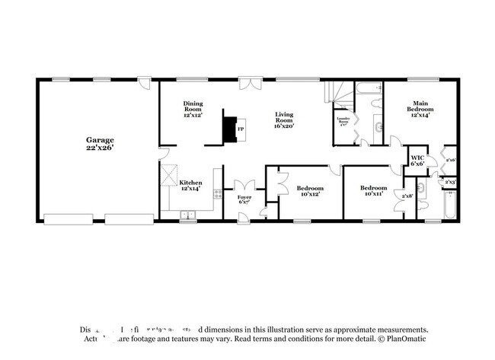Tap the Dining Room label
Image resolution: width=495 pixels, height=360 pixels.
tap(192, 108)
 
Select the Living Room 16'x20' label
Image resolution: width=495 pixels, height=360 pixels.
tap(284, 119)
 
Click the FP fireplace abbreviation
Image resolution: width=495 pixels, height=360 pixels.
tap(241, 129)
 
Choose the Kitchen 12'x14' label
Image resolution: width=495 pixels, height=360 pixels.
tap(190, 186)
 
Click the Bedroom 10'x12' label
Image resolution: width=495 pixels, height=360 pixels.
tap(309, 191)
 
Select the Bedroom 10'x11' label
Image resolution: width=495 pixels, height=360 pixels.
tap(373, 191)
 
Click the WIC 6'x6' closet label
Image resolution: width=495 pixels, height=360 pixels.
tap(417, 161)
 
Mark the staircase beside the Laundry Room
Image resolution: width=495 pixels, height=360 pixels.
tap(337, 95)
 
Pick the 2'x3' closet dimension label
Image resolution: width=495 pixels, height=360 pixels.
tap(450, 182)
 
